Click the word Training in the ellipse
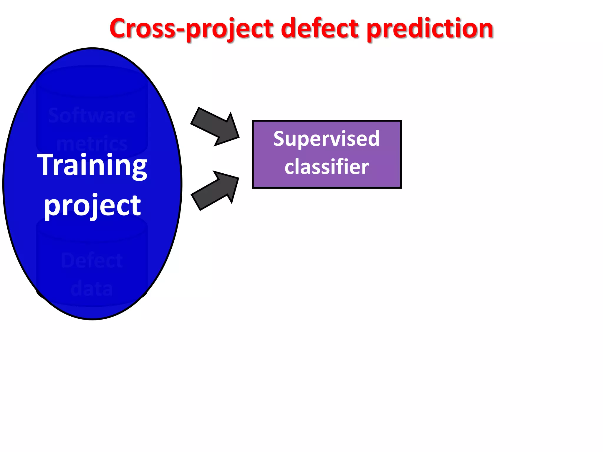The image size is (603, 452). click(92, 165)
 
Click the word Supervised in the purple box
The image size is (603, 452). click(326, 139)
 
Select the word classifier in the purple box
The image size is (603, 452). click(326, 167)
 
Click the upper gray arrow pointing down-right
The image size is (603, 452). click(215, 127)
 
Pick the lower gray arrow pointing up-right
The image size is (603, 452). click(215, 191)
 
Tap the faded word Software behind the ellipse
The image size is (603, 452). click(92, 115)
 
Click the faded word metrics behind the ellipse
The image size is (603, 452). click(92, 144)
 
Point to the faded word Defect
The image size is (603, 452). click(92, 260)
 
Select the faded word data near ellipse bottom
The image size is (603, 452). click(92, 288)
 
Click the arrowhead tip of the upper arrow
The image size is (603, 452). click(238, 137)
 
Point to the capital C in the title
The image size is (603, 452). click(120, 29)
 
